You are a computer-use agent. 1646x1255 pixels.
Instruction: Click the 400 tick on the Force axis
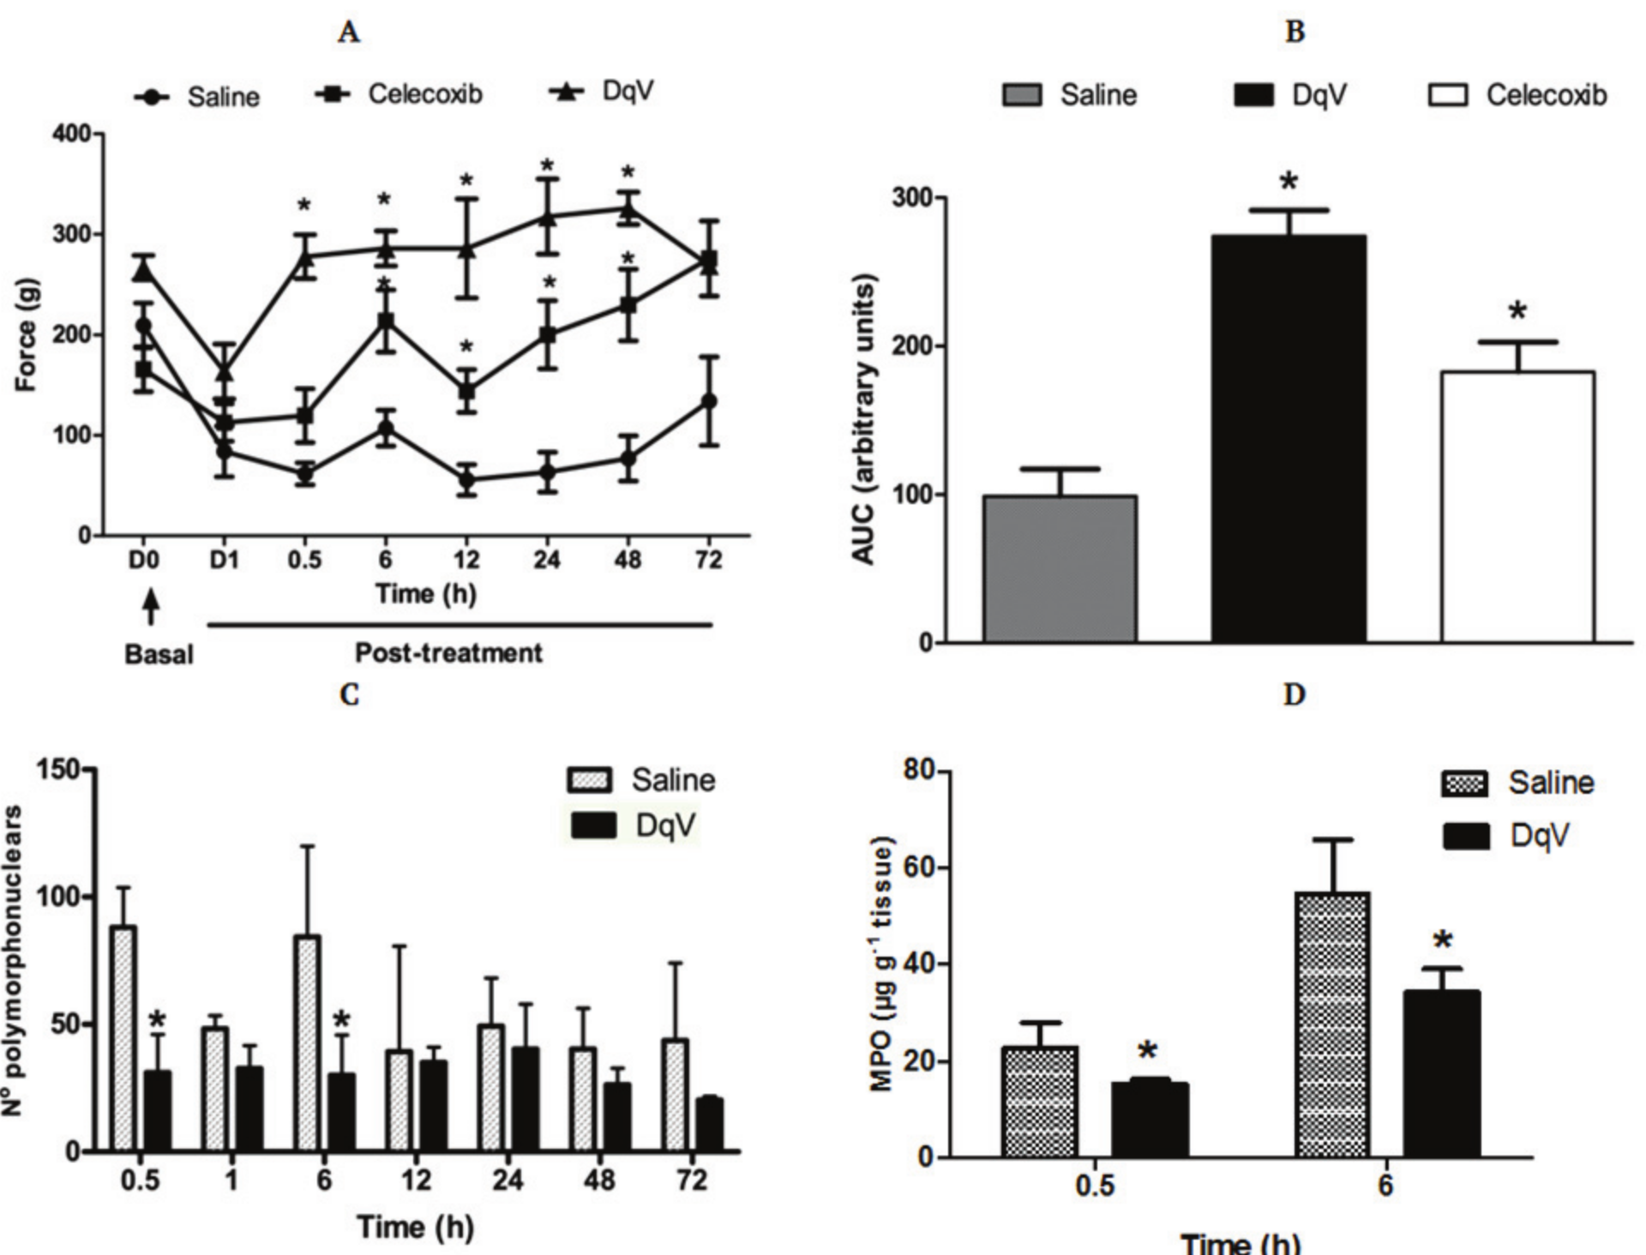click(x=72, y=135)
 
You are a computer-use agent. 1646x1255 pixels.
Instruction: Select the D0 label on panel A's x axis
click(x=144, y=561)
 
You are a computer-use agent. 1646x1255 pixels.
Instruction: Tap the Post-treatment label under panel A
click(x=448, y=654)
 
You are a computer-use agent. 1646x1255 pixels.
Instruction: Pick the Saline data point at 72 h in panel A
click(x=709, y=401)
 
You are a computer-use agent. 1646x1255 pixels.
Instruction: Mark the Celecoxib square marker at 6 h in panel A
click(x=386, y=322)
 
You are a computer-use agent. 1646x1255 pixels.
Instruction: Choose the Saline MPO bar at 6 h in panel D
click(x=1334, y=1025)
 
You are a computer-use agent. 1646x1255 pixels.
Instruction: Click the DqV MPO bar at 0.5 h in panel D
click(x=1150, y=1120)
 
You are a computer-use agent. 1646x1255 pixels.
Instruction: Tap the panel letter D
click(x=1294, y=694)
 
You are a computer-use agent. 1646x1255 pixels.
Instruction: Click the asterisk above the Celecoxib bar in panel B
click(x=1517, y=311)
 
